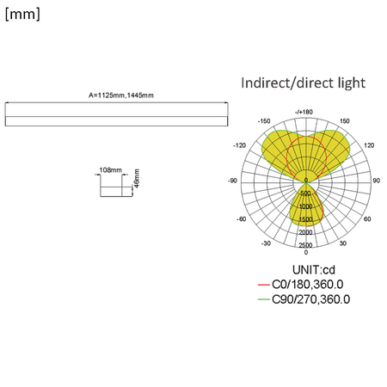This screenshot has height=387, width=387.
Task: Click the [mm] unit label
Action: (x=21, y=15)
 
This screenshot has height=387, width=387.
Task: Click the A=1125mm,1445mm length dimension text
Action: (x=121, y=95)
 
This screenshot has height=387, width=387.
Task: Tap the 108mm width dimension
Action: (x=111, y=170)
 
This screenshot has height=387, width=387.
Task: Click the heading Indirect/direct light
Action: (x=303, y=83)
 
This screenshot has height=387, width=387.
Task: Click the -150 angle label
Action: (x=263, y=121)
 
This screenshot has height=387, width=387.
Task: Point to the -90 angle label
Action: (x=232, y=181)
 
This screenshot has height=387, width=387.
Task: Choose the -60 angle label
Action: (x=242, y=218)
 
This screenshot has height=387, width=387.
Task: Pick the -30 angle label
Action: (x=267, y=243)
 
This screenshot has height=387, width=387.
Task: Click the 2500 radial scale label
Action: (x=305, y=245)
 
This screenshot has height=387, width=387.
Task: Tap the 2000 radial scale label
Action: (x=305, y=232)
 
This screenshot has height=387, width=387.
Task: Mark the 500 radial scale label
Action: (x=305, y=194)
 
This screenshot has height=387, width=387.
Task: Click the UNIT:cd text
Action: (x=306, y=270)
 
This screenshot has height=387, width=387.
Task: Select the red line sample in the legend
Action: (x=263, y=285)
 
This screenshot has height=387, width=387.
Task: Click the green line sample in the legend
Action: (x=263, y=300)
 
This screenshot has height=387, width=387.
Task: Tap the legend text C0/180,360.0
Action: (x=307, y=285)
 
